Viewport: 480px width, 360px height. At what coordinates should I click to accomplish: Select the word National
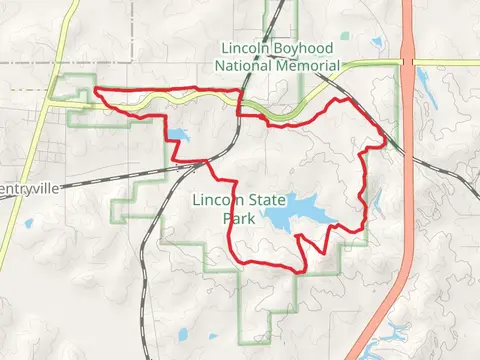[x=245, y=66]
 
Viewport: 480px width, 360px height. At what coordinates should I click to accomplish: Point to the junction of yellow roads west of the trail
[x=52, y=100]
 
